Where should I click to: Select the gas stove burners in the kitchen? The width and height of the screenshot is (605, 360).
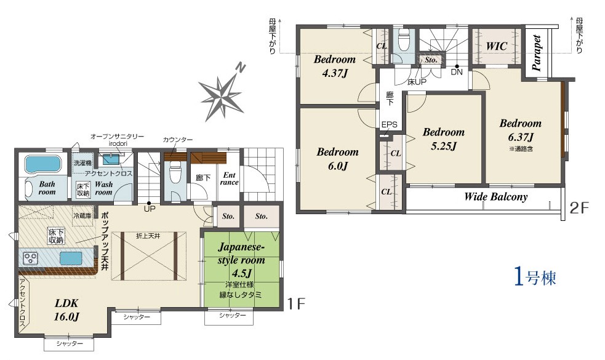pyautogui.click(x=30, y=258)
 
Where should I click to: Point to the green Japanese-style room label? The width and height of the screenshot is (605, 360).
pyautogui.click(x=241, y=260)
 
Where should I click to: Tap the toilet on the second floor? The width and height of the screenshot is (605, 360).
pyautogui.click(x=404, y=41)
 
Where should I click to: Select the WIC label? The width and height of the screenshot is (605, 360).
pyautogui.click(x=497, y=46)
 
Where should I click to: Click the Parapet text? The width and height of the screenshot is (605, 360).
pyautogui.click(x=536, y=53)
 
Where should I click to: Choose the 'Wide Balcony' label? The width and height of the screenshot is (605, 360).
pyautogui.click(x=496, y=197)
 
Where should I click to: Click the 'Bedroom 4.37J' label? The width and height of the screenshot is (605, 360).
pyautogui.click(x=335, y=66)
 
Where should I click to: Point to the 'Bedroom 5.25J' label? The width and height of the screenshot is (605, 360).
pyautogui.click(x=444, y=139)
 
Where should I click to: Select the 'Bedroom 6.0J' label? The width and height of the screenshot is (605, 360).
pyautogui.click(x=338, y=159)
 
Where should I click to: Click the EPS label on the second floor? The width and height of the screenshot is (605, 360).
pyautogui.click(x=390, y=125)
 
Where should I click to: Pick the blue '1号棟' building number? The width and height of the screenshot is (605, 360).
pyautogui.click(x=535, y=277)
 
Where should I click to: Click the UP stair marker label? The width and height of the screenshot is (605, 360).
pyautogui.click(x=150, y=209)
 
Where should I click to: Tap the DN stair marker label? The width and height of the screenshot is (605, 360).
pyautogui.click(x=457, y=72)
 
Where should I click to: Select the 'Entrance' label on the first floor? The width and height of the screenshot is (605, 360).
pyautogui.click(x=229, y=178)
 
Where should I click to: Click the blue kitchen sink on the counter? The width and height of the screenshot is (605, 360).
pyautogui.click(x=71, y=258)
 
